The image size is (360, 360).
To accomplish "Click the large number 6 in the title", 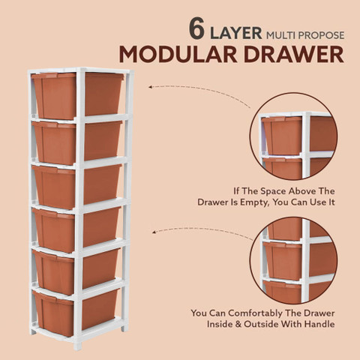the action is coord(196,28).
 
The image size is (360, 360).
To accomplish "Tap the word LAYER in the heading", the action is coord(236,33).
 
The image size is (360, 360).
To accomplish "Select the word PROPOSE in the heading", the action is coord(321,35).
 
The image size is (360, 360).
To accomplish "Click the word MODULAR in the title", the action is coord(178,54).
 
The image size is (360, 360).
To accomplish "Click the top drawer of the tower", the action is coord(77,95).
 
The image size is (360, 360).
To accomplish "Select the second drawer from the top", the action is coord(77,142).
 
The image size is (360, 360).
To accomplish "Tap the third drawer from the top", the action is coord(77,186).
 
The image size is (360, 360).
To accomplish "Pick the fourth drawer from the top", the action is coord(76,229).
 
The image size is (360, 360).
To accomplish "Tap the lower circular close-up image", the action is coord(294,260).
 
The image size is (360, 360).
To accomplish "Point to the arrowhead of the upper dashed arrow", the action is coord(150,87).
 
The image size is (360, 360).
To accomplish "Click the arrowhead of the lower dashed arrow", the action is coord(154,232).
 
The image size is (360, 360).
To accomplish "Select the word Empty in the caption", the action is coord(255,202).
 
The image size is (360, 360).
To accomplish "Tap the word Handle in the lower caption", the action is coord(320,324).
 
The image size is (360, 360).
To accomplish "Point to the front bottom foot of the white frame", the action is coord(77,346).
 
